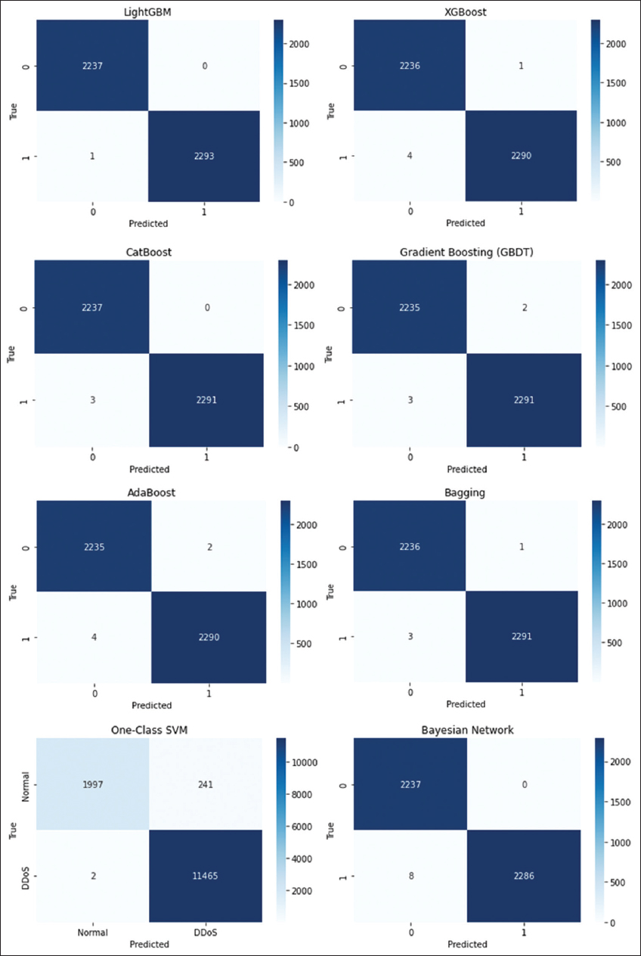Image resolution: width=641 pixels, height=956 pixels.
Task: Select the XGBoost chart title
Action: (x=466, y=12)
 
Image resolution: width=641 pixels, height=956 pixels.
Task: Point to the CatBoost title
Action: (x=150, y=251)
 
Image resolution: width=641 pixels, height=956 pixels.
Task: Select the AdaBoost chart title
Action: (x=150, y=492)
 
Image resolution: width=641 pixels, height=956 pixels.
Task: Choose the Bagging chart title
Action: (x=466, y=492)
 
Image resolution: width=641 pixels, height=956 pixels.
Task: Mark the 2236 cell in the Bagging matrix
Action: (x=409, y=546)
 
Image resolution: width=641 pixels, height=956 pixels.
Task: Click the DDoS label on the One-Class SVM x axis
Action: (x=206, y=933)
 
